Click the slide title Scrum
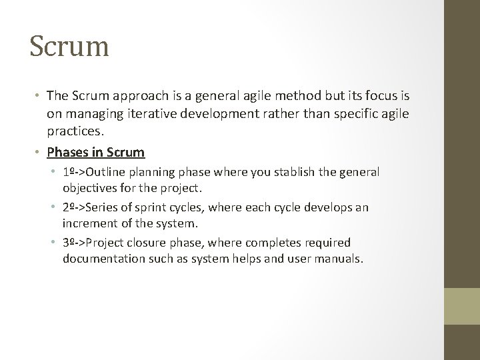[69, 47]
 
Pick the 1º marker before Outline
[69, 172]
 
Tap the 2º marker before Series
[69, 207]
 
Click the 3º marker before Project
[69, 243]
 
